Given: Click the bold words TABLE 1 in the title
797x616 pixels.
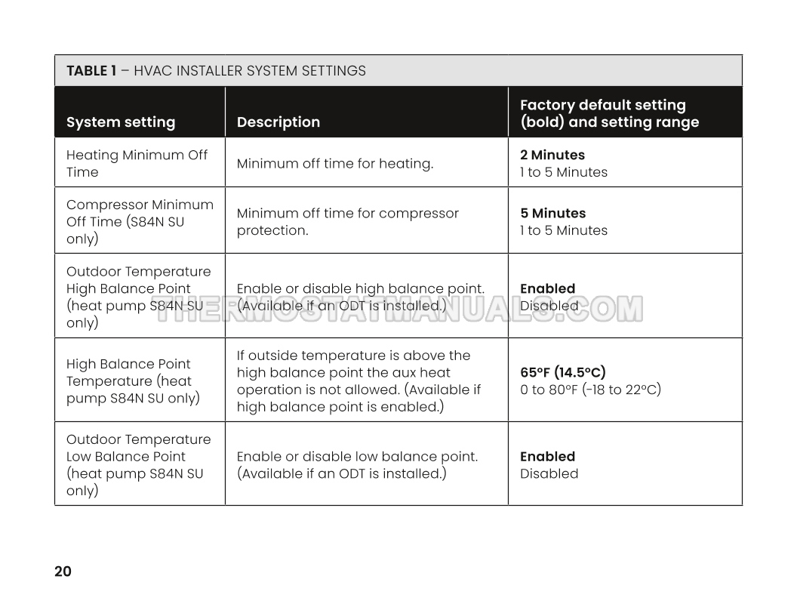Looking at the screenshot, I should click(91, 71).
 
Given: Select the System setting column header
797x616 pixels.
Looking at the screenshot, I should click(121, 122).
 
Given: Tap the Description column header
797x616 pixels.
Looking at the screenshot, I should click(278, 122).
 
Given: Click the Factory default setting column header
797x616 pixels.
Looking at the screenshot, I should click(609, 113).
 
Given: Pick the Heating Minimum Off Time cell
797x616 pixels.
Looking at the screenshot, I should click(137, 163).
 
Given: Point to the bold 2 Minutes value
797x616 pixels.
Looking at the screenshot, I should click(552, 155).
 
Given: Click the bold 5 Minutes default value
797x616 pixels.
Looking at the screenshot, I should click(552, 213).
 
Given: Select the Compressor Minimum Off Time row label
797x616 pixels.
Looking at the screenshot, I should click(140, 221).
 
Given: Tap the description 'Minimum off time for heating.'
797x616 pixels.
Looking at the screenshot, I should click(335, 163).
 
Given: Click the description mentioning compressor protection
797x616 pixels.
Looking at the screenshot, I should click(347, 221).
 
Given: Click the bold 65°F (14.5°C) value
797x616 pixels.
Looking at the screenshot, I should click(563, 372).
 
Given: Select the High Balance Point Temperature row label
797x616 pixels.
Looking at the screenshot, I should click(133, 380).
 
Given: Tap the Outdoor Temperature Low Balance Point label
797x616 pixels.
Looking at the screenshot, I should click(139, 464).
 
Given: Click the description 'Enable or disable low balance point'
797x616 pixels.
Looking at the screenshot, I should click(357, 457).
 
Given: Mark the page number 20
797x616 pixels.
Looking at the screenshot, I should click(63, 571).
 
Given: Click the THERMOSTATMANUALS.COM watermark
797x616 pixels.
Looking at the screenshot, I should click(398, 309).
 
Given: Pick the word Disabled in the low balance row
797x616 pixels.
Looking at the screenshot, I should click(549, 474).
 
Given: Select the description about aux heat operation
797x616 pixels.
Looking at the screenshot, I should click(358, 380).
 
